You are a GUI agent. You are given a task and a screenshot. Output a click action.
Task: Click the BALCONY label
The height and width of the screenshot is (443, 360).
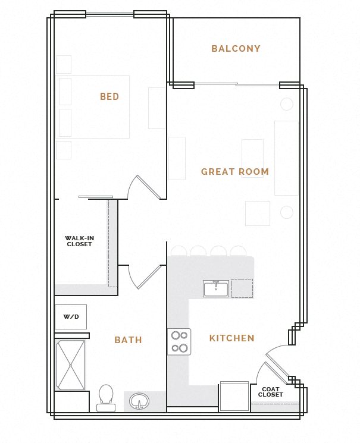click(x=236, y=49)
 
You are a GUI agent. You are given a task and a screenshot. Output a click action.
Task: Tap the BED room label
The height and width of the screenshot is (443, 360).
click(x=109, y=96)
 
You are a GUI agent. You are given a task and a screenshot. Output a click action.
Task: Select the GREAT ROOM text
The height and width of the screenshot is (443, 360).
click(x=235, y=172)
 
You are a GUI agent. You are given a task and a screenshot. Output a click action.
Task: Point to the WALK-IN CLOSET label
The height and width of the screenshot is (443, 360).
click(x=79, y=241)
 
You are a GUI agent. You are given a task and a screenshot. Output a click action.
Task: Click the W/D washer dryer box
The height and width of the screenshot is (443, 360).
click(x=71, y=317)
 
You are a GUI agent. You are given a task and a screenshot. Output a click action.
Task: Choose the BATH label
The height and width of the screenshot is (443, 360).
click(x=128, y=340)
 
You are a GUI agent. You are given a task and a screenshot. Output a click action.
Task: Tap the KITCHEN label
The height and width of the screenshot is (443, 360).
click(x=231, y=338)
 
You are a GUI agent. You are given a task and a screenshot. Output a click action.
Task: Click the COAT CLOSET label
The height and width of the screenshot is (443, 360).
click(x=271, y=392)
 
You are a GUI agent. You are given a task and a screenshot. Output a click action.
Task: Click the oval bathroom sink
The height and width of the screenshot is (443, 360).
click(x=139, y=401)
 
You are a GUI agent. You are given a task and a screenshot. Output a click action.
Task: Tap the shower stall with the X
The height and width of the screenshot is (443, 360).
click(x=71, y=365)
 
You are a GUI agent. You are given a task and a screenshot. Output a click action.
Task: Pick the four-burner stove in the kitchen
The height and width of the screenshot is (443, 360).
click(x=179, y=342)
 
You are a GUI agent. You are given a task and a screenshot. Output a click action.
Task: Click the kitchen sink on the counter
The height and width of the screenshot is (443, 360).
click(x=215, y=289)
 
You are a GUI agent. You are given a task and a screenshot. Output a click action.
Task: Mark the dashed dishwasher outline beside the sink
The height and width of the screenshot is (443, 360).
click(x=242, y=288)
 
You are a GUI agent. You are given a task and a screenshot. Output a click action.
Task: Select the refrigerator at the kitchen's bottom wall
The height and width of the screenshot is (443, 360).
click(x=234, y=397)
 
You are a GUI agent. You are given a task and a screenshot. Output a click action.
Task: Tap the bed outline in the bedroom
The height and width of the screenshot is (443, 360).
click(x=93, y=107)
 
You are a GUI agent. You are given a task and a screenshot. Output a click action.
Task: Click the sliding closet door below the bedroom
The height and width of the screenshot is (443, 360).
click(x=96, y=197)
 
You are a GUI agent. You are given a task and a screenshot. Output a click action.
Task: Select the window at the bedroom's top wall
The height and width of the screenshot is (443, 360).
click(x=109, y=14)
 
